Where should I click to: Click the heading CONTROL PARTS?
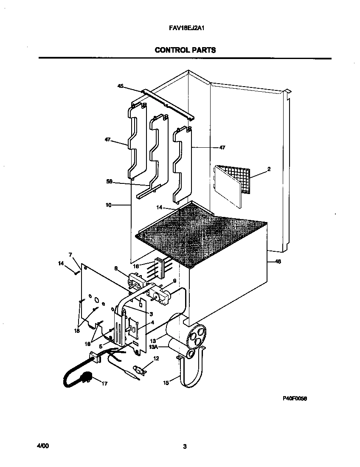185,50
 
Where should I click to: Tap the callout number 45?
121,86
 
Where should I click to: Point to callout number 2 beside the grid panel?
269,169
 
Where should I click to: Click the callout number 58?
109,181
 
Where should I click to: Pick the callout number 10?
108,205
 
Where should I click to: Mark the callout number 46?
278,262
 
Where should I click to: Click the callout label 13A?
152,346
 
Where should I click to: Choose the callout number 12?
156,359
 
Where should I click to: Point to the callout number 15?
166,383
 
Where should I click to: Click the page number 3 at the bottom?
185,446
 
